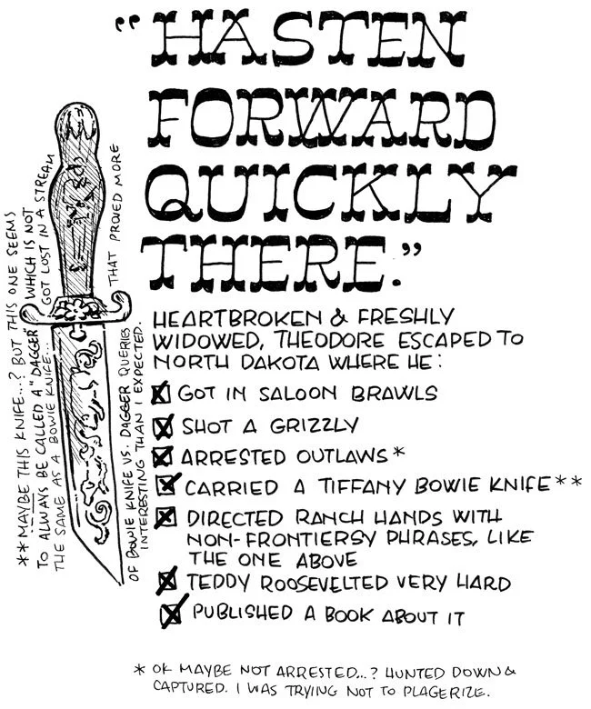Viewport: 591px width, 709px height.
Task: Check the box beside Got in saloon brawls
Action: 162,395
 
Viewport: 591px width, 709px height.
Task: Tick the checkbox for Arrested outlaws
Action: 164,455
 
